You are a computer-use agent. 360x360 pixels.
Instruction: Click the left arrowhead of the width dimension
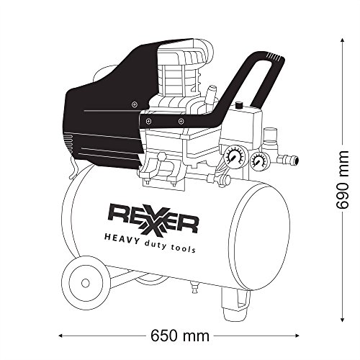click(x=60, y=336)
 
